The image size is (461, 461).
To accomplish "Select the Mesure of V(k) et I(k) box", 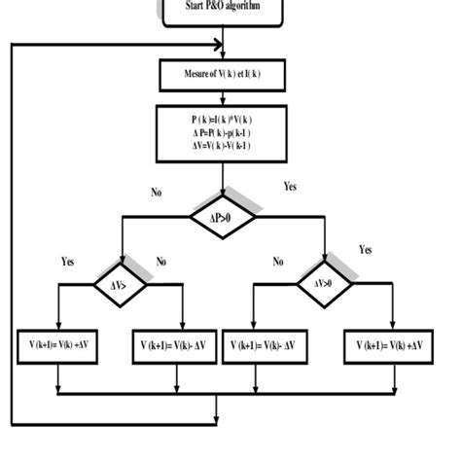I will [x=223, y=73].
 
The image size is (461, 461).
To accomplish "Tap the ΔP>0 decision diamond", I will [x=224, y=220].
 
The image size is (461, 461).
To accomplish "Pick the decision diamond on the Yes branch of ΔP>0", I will [x=326, y=284].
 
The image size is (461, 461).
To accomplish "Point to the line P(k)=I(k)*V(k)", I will [x=223, y=120].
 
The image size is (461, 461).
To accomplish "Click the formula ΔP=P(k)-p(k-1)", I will [x=223, y=133].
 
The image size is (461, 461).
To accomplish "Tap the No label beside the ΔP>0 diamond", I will [x=156, y=193].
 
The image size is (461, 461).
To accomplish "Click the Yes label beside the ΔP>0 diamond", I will [x=290, y=186].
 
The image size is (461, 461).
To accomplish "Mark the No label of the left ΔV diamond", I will [x=161, y=262].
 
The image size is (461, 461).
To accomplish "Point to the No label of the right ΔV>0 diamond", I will [x=279, y=262].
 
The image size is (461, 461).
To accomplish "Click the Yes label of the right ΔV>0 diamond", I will [x=365, y=250].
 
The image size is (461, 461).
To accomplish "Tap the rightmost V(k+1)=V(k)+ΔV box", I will [x=393, y=345].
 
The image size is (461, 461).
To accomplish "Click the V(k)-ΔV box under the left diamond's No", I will [x=172, y=345].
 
